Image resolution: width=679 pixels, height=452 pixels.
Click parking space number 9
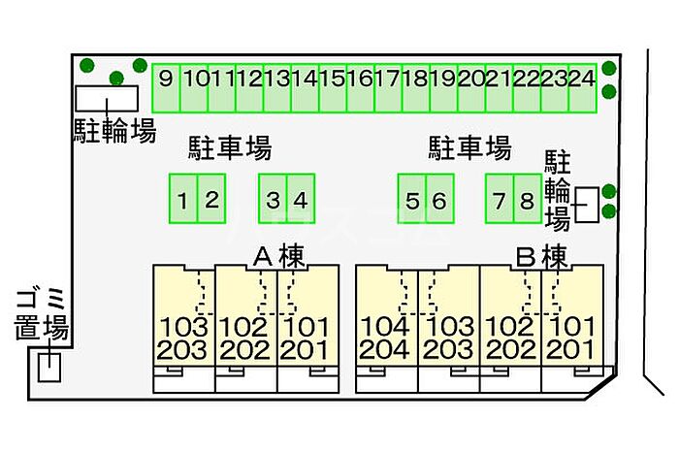click(166, 88)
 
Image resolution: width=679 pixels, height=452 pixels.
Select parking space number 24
click(582, 88)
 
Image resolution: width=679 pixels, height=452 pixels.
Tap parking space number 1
click(183, 199)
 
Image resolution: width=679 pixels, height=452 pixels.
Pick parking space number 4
click(301, 199)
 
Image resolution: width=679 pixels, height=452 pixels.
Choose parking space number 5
click(412, 199)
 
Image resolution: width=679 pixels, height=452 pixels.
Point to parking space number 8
click(528, 199)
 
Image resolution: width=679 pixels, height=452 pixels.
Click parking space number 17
click(388, 88)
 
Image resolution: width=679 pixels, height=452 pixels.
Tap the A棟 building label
click(279, 257)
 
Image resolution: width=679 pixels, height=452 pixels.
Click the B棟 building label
click(541, 257)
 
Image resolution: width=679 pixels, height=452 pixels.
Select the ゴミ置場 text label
click(41, 314)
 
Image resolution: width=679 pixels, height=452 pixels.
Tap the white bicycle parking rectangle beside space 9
click(107, 99)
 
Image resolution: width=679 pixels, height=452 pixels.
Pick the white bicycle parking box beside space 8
click(587, 206)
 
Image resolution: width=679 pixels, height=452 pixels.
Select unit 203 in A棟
click(182, 350)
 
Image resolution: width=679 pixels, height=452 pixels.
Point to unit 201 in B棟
click(570, 350)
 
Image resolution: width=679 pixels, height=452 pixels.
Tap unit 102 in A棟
click(243, 327)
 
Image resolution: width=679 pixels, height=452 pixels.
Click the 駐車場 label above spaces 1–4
click(230, 148)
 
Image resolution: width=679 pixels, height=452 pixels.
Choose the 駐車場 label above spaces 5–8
click(469, 148)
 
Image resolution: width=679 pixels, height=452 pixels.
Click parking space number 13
click(277, 88)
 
